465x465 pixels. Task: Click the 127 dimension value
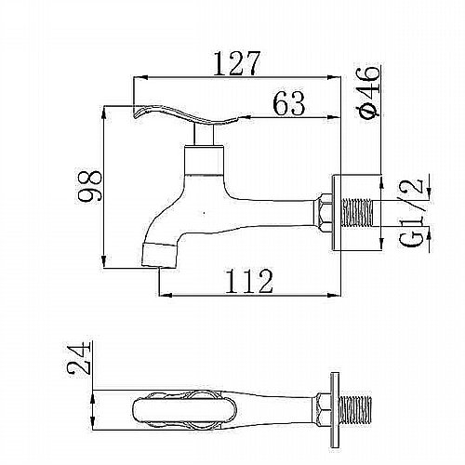(237, 63)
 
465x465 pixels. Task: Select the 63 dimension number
(289, 103)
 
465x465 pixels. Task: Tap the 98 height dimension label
(89, 186)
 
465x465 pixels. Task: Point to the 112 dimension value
(249, 281)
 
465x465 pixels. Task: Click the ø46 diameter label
(367, 92)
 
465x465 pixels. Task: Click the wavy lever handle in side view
(185, 115)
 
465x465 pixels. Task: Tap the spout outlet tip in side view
(159, 256)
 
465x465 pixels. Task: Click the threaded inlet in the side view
(356, 213)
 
